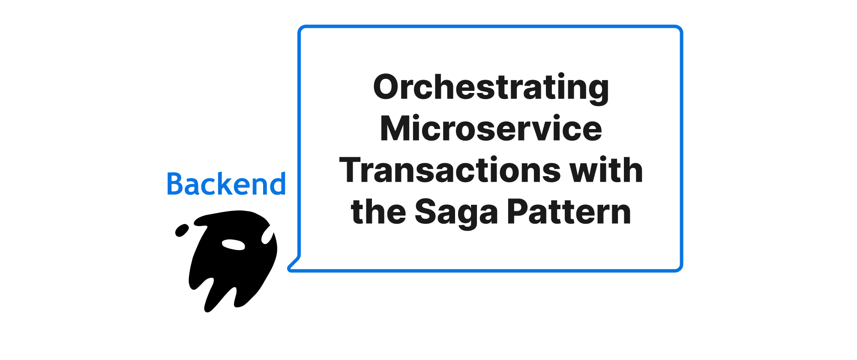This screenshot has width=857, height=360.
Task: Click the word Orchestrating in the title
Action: click(491, 88)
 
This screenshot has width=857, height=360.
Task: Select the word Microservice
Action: click(491, 128)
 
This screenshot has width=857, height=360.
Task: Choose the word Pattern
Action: click(569, 211)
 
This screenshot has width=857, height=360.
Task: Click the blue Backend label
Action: click(226, 184)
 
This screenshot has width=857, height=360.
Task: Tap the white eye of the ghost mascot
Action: click(234, 244)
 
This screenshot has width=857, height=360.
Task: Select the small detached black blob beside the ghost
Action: click(182, 230)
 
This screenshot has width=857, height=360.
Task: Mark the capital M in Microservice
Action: click(397, 128)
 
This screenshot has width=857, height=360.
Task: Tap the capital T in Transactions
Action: click(352, 170)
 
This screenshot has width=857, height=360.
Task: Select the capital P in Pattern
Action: click(518, 211)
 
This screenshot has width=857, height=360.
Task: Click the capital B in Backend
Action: click(175, 184)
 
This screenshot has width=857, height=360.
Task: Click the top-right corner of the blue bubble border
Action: click(681, 27)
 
